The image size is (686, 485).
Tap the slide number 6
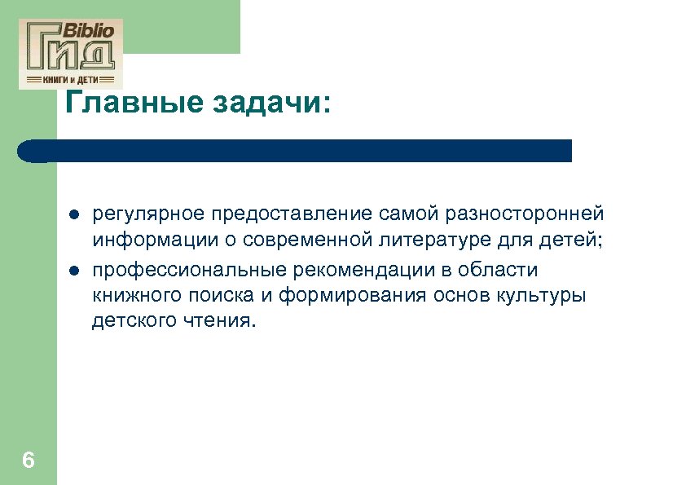click(x=29, y=461)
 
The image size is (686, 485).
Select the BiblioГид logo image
click(x=71, y=53)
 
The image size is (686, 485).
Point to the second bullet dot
click(x=73, y=271)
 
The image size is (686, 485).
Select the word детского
click(x=130, y=321)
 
